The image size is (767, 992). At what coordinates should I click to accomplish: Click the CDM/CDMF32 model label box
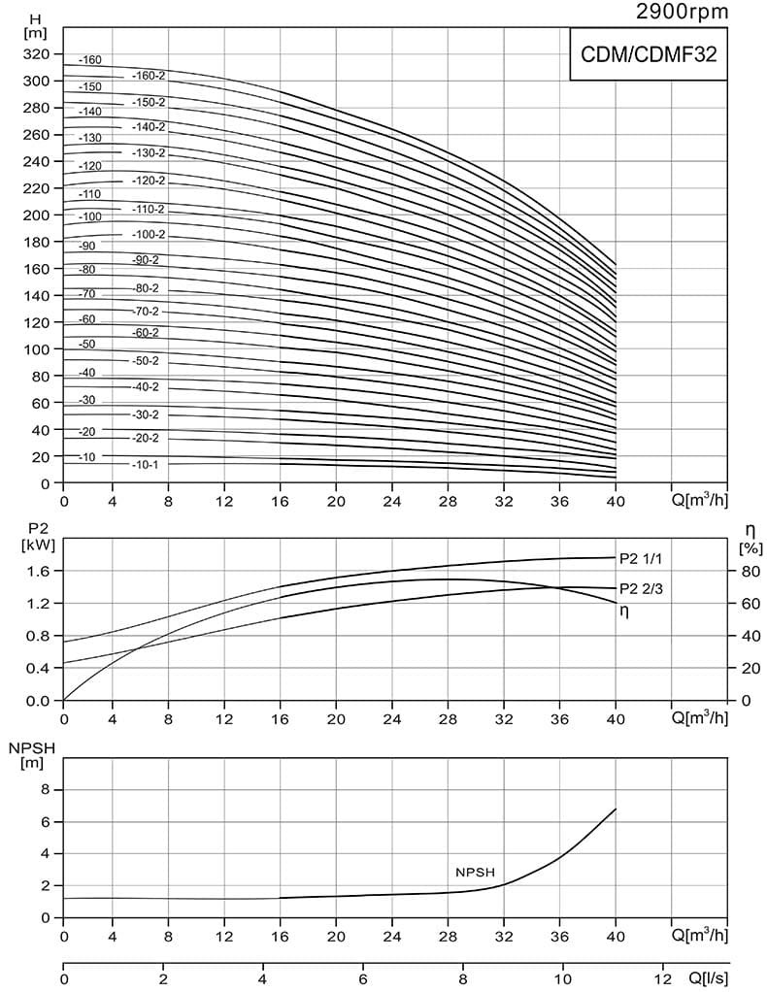click(648, 54)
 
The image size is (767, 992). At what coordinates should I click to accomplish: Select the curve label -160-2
click(149, 76)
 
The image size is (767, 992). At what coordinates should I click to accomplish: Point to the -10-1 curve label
click(145, 465)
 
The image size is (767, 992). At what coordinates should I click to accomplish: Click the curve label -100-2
click(149, 235)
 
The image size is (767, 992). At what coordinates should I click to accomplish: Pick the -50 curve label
click(87, 345)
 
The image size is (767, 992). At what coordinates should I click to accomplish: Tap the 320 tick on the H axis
click(36, 54)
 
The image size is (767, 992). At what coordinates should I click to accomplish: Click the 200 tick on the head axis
click(36, 215)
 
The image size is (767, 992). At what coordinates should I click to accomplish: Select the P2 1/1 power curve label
click(640, 558)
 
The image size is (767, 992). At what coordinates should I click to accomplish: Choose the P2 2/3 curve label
click(641, 588)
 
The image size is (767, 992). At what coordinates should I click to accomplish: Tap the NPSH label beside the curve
click(476, 873)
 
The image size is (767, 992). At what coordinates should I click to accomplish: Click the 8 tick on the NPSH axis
click(43, 790)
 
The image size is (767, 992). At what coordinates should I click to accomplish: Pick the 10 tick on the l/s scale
click(562, 977)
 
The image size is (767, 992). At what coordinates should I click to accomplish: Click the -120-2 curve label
click(149, 182)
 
